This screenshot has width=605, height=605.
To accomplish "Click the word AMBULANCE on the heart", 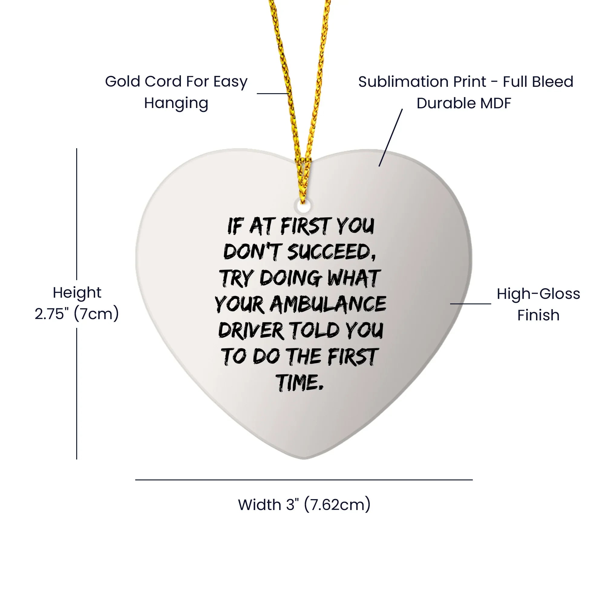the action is (x=328, y=304).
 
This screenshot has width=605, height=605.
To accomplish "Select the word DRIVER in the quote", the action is (x=251, y=331).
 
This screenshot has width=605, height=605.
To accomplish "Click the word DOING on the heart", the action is (x=291, y=278).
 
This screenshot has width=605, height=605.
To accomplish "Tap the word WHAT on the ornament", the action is (x=354, y=278).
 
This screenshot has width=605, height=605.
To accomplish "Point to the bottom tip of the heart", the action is (x=304, y=459).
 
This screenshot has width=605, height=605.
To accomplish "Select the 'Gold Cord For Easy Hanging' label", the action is (x=176, y=92).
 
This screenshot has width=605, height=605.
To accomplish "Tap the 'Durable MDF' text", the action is (x=464, y=103).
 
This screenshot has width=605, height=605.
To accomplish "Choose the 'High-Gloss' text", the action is (x=538, y=294).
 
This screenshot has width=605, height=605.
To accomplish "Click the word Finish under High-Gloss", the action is (x=538, y=315).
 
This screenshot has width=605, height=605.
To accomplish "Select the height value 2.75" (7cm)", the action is (x=77, y=313).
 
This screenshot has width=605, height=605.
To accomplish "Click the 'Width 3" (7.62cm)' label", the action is (x=304, y=505).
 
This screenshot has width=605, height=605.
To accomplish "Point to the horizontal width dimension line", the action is (x=304, y=479).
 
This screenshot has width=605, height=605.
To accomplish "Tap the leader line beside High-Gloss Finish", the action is (x=471, y=303).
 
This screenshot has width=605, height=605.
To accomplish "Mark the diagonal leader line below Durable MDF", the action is (x=391, y=137).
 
